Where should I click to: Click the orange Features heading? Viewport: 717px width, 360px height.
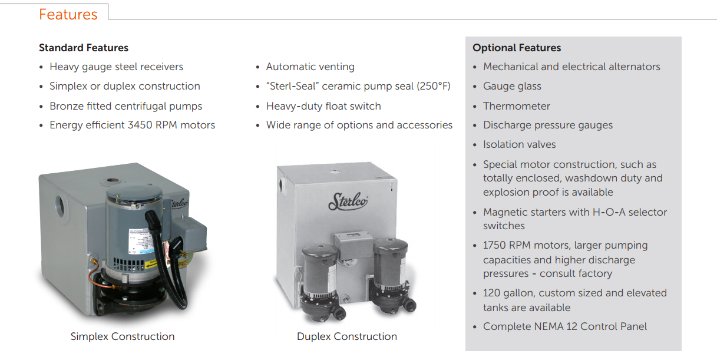tap(68, 14)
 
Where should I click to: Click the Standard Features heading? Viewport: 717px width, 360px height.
tap(84, 48)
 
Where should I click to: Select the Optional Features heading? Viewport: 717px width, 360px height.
tap(517, 48)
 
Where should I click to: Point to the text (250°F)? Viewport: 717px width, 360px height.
tap(434, 86)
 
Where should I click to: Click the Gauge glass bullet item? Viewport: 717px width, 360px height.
tap(512, 87)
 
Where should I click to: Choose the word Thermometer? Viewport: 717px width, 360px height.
tap(517, 106)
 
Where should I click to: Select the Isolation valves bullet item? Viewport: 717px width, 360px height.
tap(519, 144)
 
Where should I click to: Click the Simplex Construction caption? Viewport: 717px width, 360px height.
tap(123, 336)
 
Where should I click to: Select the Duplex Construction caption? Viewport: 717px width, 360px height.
tap(347, 336)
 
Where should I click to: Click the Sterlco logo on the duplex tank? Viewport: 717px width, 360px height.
tap(348, 202)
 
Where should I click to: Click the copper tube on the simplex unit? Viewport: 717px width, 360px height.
tap(98, 276)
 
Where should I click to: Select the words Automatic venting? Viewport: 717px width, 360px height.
tap(310, 67)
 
